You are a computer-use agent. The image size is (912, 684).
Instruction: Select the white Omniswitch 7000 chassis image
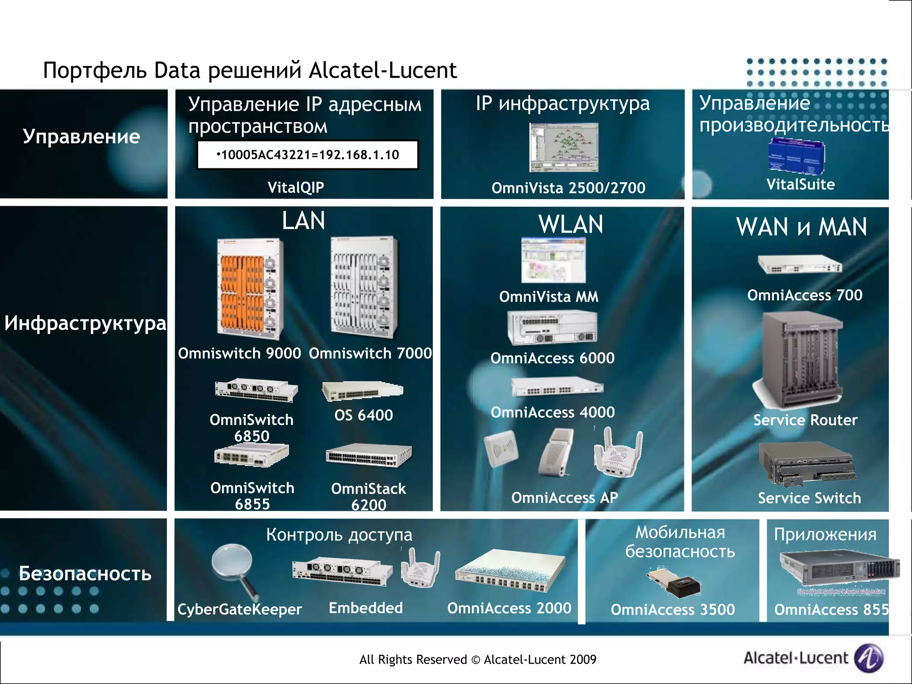[x=364, y=287]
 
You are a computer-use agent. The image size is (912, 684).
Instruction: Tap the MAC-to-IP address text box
[x=308, y=155]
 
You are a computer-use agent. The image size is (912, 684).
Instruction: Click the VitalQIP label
[x=296, y=187]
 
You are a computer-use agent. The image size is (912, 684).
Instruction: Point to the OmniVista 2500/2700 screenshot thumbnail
[x=564, y=147]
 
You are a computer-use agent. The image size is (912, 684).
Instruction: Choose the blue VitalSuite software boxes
[x=796, y=157]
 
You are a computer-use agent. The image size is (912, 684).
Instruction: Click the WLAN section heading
[x=570, y=224]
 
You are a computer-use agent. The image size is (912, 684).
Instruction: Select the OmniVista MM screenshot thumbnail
[x=554, y=260]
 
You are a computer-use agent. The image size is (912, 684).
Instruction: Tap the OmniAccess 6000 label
[x=552, y=358]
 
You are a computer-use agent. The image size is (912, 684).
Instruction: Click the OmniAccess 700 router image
[x=800, y=265]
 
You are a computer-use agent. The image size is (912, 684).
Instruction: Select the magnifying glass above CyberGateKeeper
[x=234, y=570]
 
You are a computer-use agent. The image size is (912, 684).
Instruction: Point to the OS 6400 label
[x=363, y=415]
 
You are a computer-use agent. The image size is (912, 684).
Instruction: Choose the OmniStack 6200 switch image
[x=369, y=456]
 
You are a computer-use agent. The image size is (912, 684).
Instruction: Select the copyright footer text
[x=477, y=660]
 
